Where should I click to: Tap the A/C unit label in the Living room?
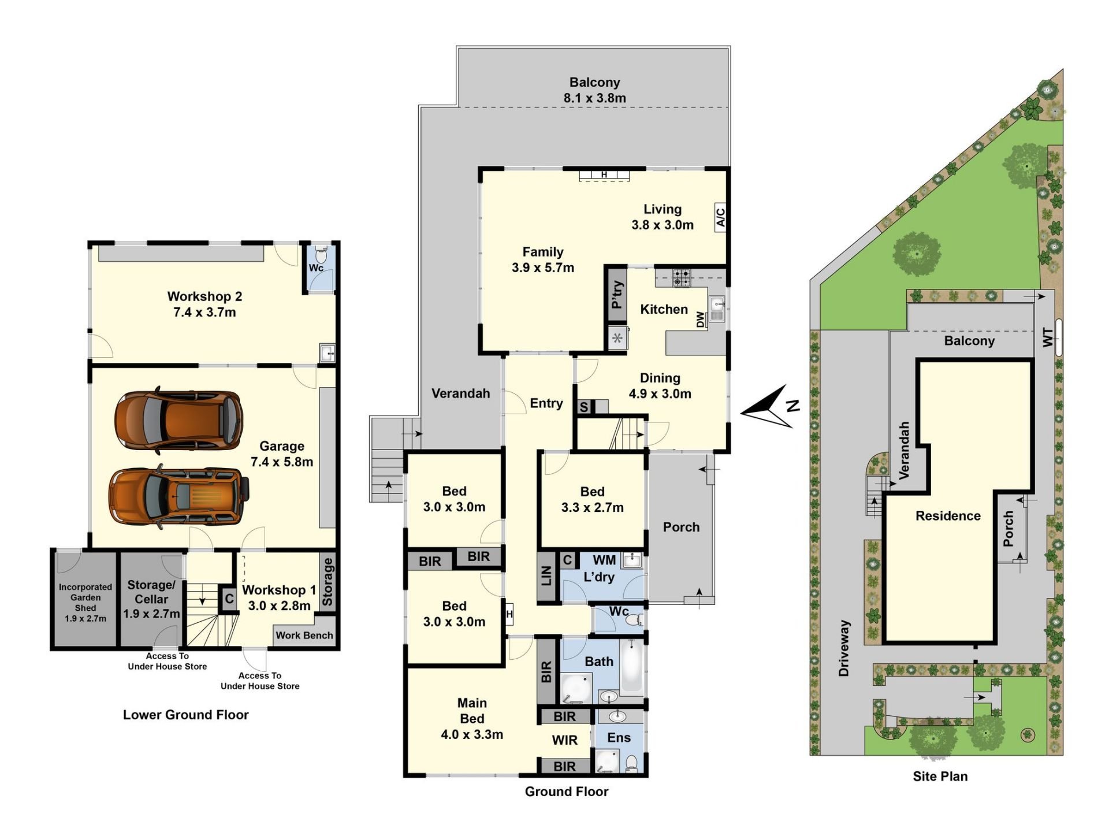click(x=720, y=217)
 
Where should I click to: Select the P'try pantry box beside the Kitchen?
click(x=617, y=295)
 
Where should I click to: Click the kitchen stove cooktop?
click(x=681, y=278)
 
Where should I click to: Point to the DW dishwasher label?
click(x=701, y=320)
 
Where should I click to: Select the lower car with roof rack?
click(x=179, y=497)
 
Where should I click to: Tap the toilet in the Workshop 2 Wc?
click(x=321, y=254)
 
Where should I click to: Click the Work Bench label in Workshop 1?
click(x=304, y=635)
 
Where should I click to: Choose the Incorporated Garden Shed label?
click(x=85, y=603)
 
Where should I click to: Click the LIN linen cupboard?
click(x=547, y=577)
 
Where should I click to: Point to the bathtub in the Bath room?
click(x=631, y=665)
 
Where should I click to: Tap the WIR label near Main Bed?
click(x=564, y=740)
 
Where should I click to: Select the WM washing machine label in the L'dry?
click(x=604, y=560)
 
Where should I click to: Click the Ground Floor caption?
click(x=567, y=792)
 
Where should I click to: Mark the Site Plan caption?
click(x=940, y=777)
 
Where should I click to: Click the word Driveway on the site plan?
click(x=844, y=648)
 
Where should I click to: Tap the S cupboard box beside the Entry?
click(x=584, y=407)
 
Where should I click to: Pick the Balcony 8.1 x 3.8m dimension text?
click(x=594, y=98)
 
